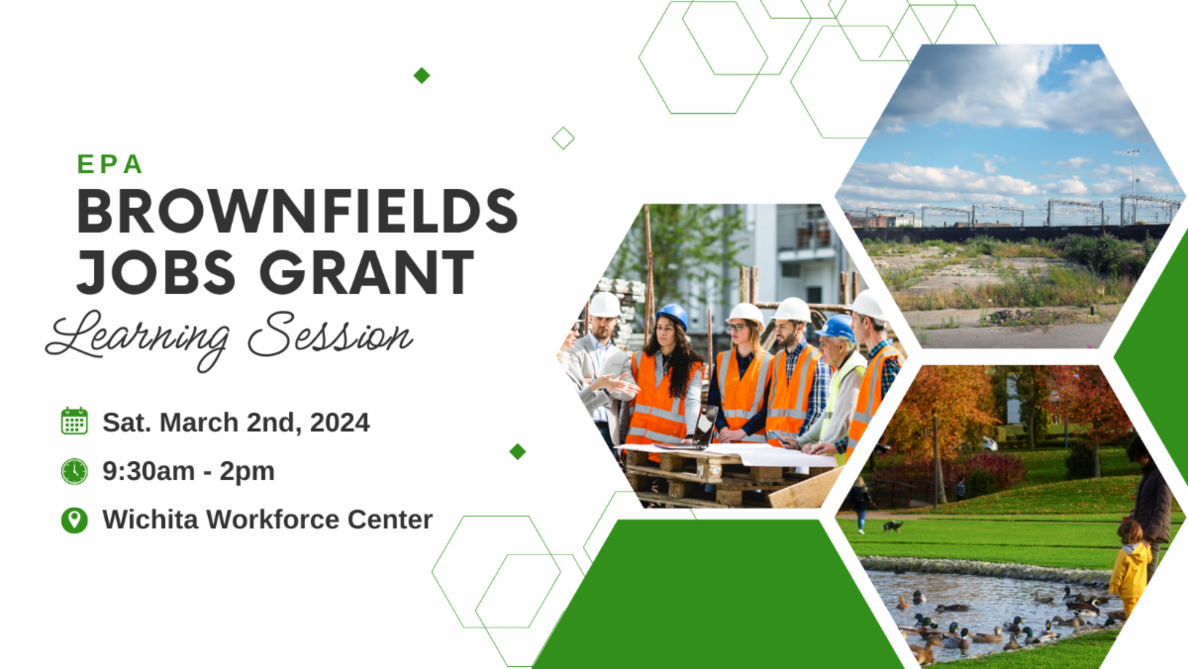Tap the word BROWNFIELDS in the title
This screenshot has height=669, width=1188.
297,211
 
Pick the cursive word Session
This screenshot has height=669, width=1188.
330,337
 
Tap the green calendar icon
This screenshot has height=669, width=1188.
74,422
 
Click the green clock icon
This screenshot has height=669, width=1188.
74,471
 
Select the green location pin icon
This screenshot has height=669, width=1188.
74,520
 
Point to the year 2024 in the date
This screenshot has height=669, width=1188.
340,423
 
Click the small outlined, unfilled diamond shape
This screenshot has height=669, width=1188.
563,138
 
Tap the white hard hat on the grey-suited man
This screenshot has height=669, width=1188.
605,305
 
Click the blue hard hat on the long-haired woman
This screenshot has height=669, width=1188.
673,316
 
